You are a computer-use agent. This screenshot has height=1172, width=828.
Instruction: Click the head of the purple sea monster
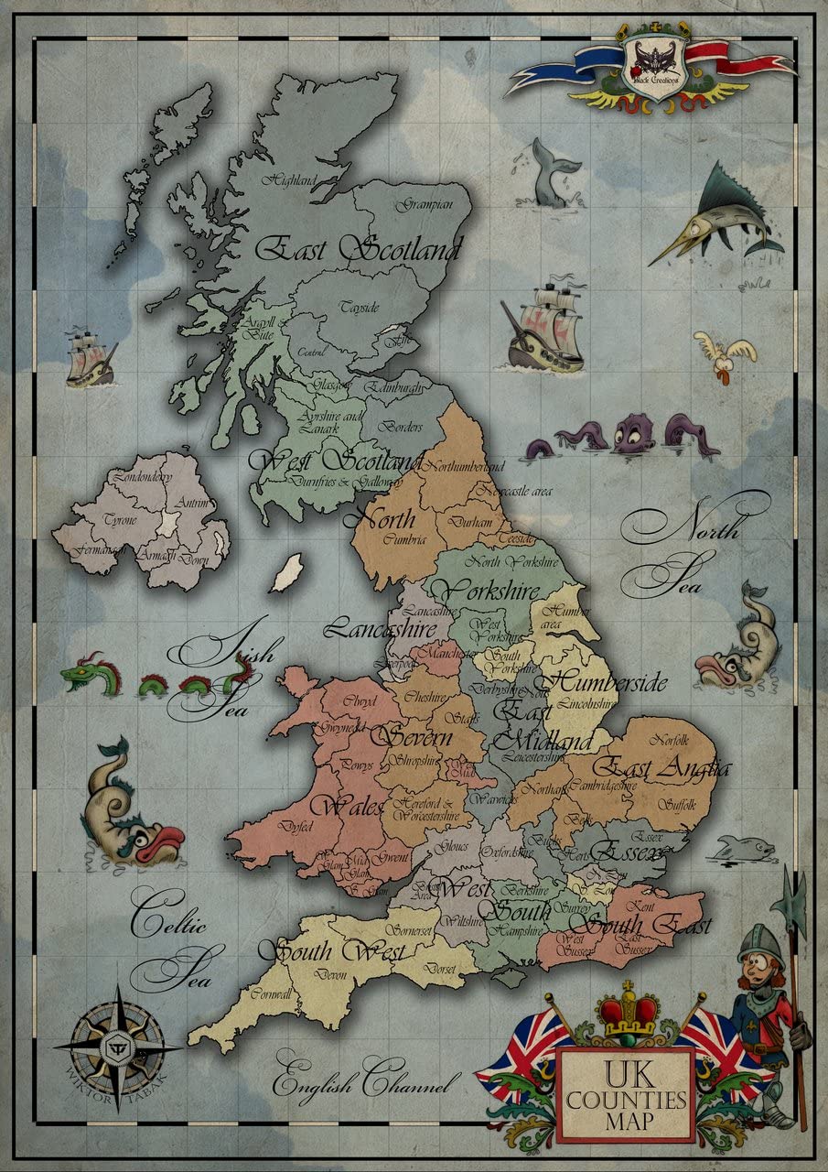point(633,432)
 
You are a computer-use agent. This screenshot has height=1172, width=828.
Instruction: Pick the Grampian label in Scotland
point(424,205)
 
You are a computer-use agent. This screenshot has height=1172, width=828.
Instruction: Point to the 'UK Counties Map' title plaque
point(626,1096)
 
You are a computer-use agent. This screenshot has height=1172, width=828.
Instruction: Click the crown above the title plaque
point(627,1013)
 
